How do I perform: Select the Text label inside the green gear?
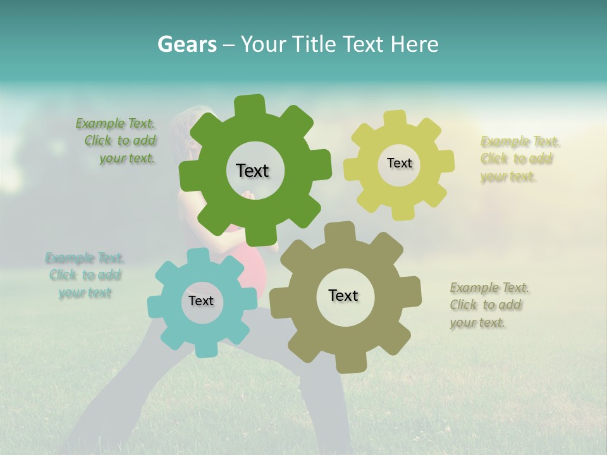click(252, 171)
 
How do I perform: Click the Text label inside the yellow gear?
click(399, 163)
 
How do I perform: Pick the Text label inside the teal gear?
click(201, 301)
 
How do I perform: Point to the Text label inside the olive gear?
click(343, 295)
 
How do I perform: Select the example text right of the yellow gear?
click(518, 159)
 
